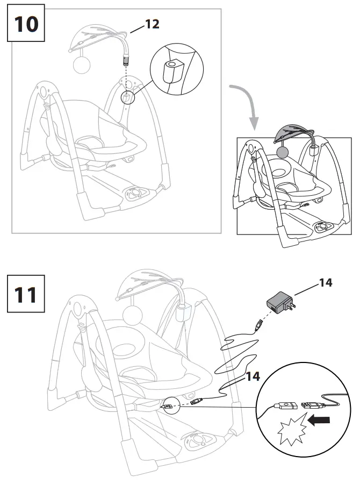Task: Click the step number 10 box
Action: click(26, 24)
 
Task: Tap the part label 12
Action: click(152, 24)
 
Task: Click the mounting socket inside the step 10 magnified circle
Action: click(173, 69)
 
